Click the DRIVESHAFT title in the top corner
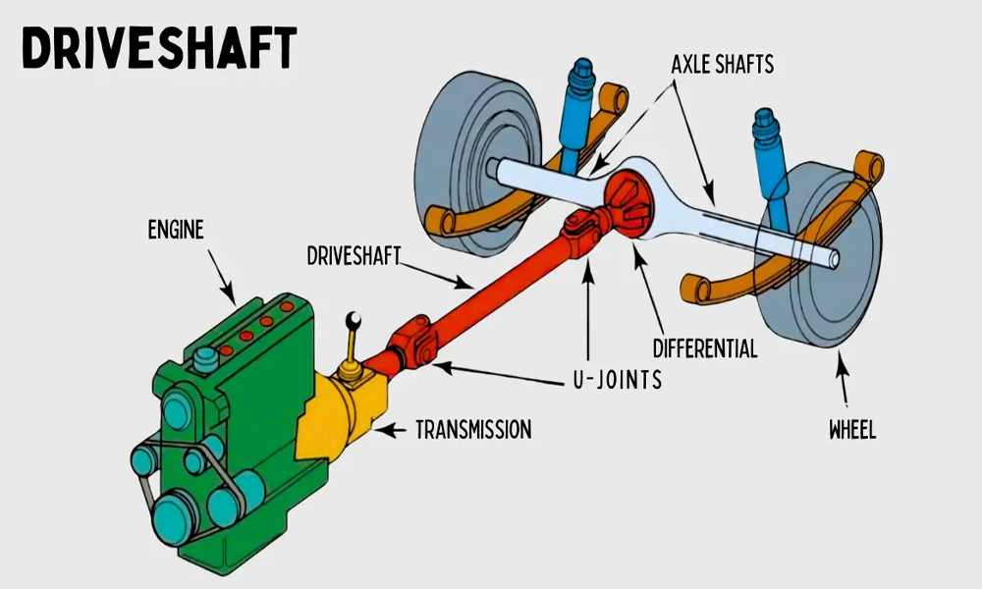[x=159, y=47]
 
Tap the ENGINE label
[x=176, y=230]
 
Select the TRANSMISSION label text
[x=473, y=430]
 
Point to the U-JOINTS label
[x=618, y=379]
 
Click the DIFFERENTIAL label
[x=705, y=348]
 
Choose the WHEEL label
[x=852, y=430]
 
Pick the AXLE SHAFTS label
[x=722, y=65]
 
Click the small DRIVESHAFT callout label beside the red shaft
[x=354, y=255]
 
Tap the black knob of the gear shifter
[x=354, y=320]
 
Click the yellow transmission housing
[x=342, y=413]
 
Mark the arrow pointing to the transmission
[x=390, y=431]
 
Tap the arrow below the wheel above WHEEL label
[x=843, y=379]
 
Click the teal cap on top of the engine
[x=205, y=359]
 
